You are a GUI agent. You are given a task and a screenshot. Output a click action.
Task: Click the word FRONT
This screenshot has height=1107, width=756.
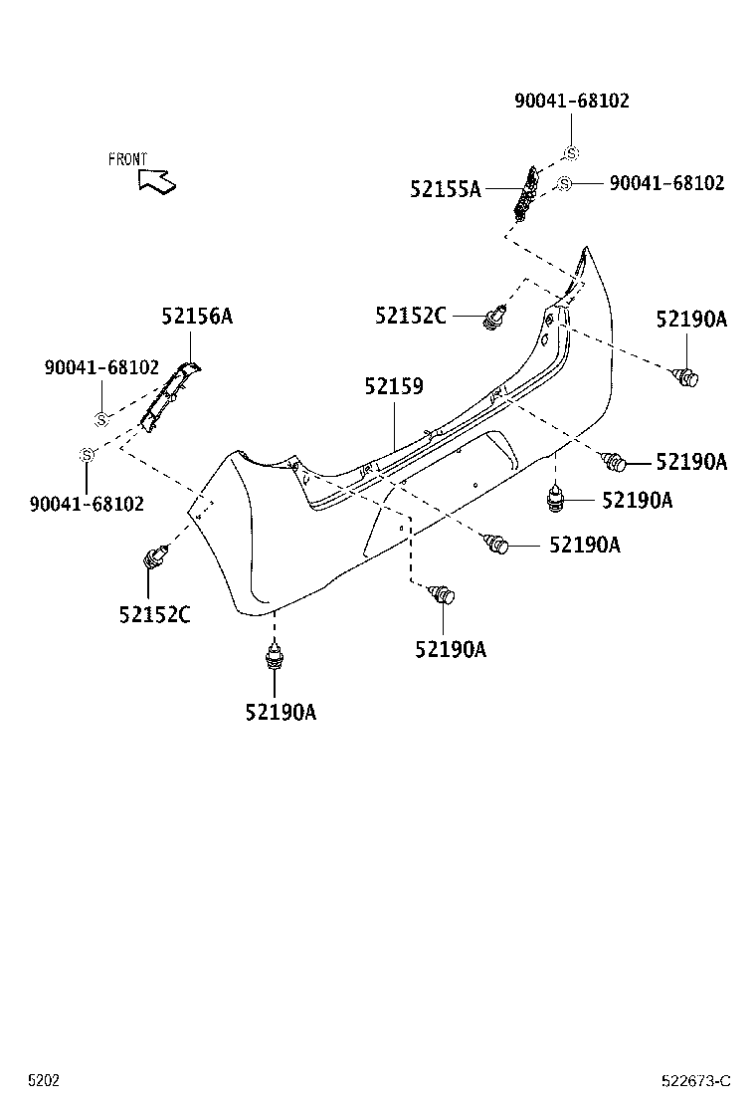coord(127,159)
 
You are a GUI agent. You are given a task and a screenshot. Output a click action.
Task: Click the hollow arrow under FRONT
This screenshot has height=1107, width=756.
coord(158,180)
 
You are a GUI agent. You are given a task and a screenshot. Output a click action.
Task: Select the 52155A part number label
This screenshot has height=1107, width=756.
coord(445,189)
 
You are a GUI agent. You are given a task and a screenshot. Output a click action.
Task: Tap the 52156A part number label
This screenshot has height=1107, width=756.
coord(197,317)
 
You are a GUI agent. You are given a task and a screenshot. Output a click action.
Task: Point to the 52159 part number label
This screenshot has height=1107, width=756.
coord(394,385)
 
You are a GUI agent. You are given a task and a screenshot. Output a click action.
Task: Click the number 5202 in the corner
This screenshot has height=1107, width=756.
coord(43,1081)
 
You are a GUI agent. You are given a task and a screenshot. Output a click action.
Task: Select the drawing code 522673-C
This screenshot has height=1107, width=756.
coord(695,1081)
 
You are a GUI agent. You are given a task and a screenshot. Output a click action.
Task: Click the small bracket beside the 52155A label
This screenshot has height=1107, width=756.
coord(526,193)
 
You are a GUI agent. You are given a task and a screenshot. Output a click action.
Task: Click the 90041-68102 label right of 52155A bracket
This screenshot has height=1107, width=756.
coord(666,183)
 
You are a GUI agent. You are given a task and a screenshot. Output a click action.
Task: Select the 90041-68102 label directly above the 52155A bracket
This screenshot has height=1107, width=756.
coord(572,101)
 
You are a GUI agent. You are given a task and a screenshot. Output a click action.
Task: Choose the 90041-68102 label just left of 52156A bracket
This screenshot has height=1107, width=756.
coord(101,366)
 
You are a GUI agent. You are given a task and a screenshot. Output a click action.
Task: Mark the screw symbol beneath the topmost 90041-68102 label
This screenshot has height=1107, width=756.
coord(572,153)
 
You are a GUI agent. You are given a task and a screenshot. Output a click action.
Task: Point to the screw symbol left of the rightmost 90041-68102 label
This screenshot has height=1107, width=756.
coord(564,183)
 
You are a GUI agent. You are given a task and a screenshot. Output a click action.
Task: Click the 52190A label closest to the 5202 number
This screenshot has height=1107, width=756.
coord(281,712)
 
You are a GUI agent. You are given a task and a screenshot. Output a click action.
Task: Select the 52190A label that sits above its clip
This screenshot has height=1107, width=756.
coord(691,319)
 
